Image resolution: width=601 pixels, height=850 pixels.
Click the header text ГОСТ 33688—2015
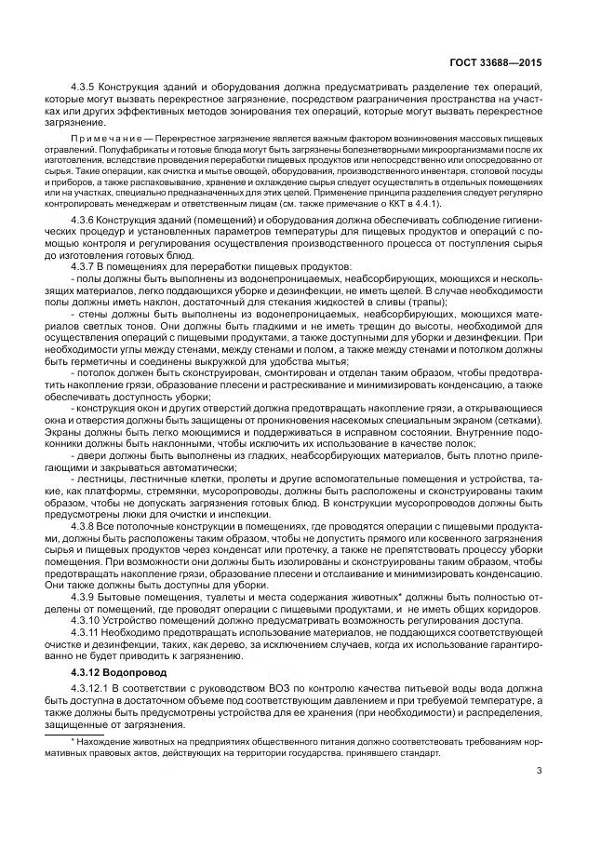tap(499, 62)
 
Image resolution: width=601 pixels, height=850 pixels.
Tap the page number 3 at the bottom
tap(540, 769)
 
